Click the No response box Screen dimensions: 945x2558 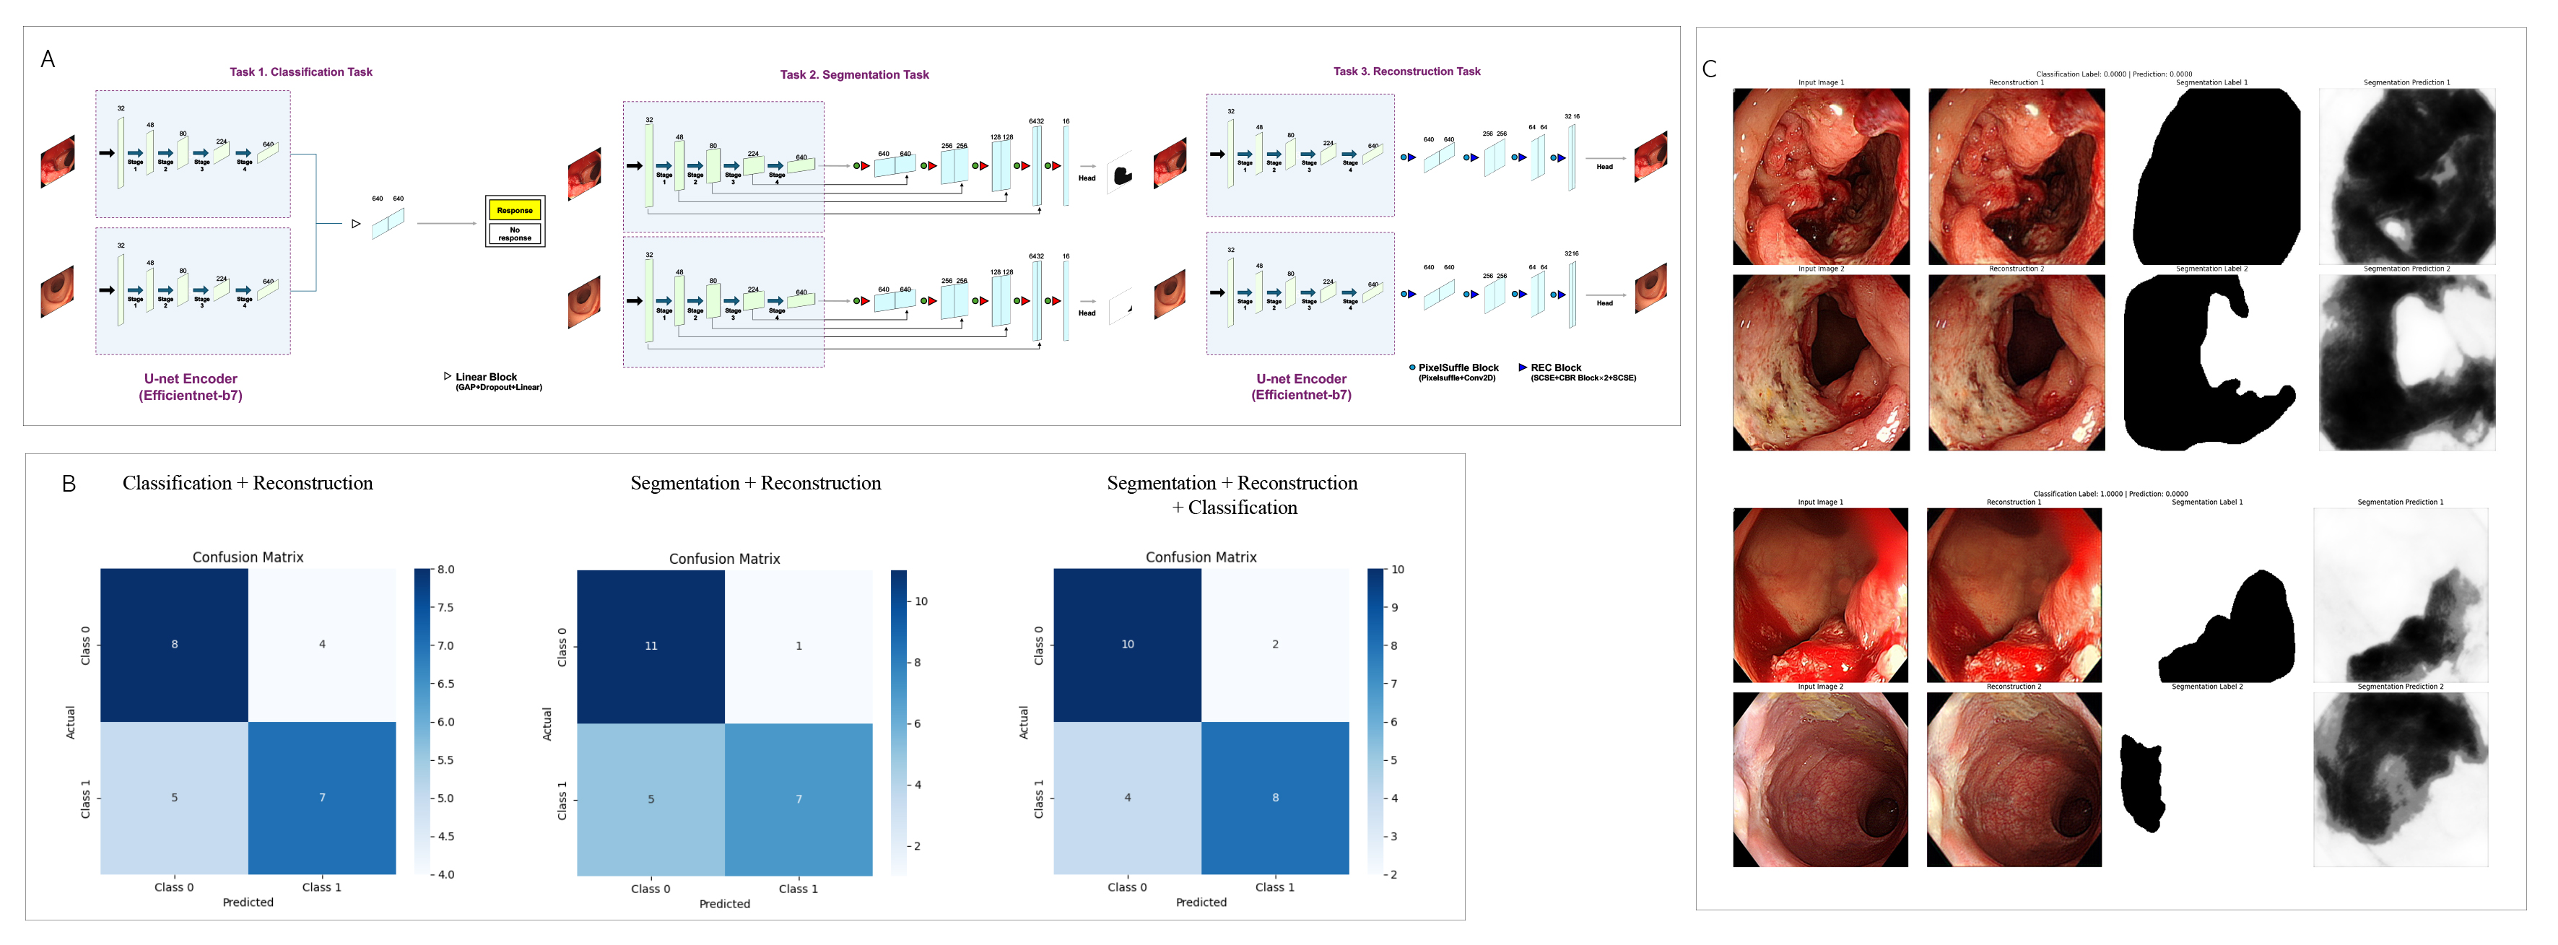pos(514,234)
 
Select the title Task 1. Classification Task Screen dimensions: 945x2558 pos(301,72)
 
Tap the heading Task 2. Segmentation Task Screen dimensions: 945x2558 pos(854,74)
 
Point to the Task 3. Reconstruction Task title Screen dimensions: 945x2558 pos(1406,71)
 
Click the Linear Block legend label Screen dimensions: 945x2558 pos(486,377)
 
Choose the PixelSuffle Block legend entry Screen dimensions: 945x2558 pos(1457,368)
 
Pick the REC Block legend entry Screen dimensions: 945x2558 pos(1555,368)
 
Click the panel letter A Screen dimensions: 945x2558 pos(48,59)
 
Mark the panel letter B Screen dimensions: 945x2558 pos(69,484)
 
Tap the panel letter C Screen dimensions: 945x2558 pos(1709,69)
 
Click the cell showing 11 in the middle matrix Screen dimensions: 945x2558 pos(651,646)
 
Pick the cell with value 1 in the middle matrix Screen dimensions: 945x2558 pos(799,646)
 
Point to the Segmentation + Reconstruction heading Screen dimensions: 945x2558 pos(754,484)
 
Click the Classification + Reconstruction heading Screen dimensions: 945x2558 pos(247,484)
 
